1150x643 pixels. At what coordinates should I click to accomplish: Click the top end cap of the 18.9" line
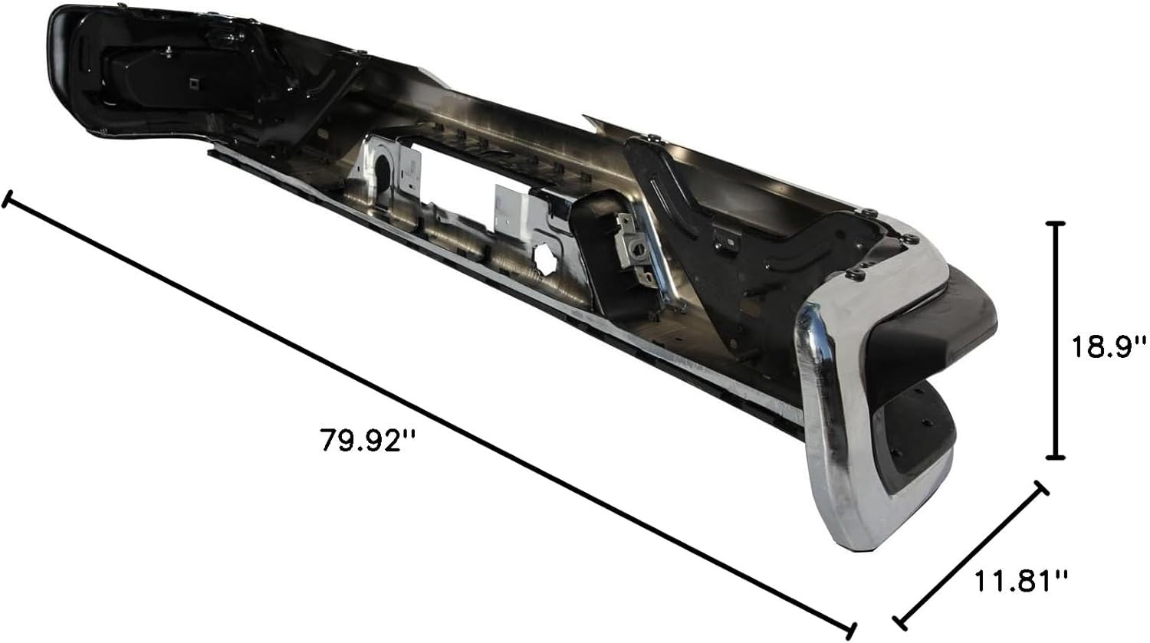pyautogui.click(x=1056, y=223)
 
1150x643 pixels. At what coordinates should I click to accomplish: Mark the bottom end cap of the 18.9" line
pyautogui.click(x=1056, y=458)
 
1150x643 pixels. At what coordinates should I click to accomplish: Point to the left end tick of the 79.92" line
pyautogui.click(x=7, y=200)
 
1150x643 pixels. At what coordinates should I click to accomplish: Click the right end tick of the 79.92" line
pyautogui.click(x=849, y=630)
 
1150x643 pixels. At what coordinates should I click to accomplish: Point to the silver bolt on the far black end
pyautogui.click(x=167, y=52)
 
